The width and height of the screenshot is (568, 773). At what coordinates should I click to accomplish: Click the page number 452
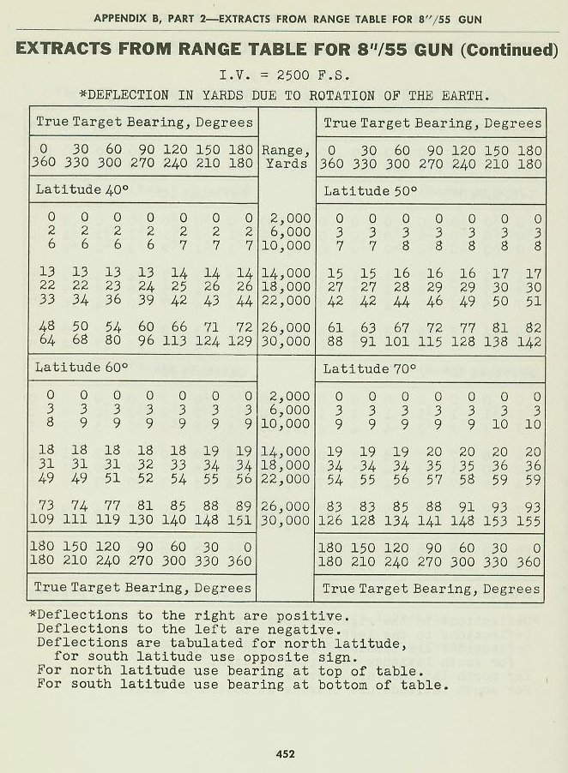coord(285,754)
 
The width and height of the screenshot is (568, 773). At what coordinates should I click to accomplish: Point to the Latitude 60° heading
coord(81,368)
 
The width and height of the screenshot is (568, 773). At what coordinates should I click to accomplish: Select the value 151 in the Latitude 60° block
coord(242,519)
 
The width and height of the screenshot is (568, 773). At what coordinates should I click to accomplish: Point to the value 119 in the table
coord(109,519)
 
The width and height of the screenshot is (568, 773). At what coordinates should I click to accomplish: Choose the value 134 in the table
coord(397,519)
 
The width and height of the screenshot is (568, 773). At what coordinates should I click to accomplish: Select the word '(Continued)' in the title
coord(510,49)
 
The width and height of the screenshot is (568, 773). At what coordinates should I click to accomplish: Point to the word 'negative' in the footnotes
coord(306,628)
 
